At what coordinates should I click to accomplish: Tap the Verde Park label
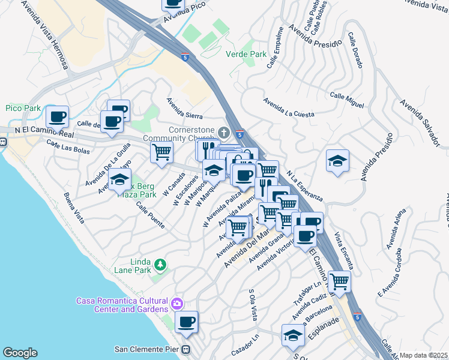coord(246,54)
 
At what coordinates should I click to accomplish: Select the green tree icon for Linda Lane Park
coord(160,264)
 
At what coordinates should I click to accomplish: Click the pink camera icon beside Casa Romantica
coord(176,304)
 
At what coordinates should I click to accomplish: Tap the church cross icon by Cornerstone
coord(224,132)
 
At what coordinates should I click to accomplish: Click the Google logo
coord(20,353)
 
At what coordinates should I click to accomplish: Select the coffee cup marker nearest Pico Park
coord(57,116)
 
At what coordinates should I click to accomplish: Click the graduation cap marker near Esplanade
coord(293,335)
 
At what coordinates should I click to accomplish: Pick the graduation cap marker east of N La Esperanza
coord(338,160)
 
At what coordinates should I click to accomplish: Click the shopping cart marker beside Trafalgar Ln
coord(339,281)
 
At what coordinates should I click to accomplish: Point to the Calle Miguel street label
coord(347,100)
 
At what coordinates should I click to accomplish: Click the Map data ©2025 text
coord(423,355)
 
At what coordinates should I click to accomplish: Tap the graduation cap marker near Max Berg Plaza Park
coord(119,179)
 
